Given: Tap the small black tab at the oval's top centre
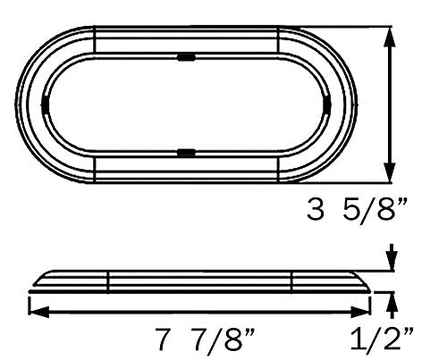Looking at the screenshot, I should [x=187, y=57].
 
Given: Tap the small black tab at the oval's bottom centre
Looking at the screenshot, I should [x=187, y=154].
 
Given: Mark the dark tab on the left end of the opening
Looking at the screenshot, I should [x=46, y=105].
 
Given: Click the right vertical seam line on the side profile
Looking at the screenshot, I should [x=291, y=281].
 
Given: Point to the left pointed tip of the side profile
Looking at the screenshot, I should [x=30, y=289].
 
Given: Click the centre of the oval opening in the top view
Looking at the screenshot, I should [x=187, y=105].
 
